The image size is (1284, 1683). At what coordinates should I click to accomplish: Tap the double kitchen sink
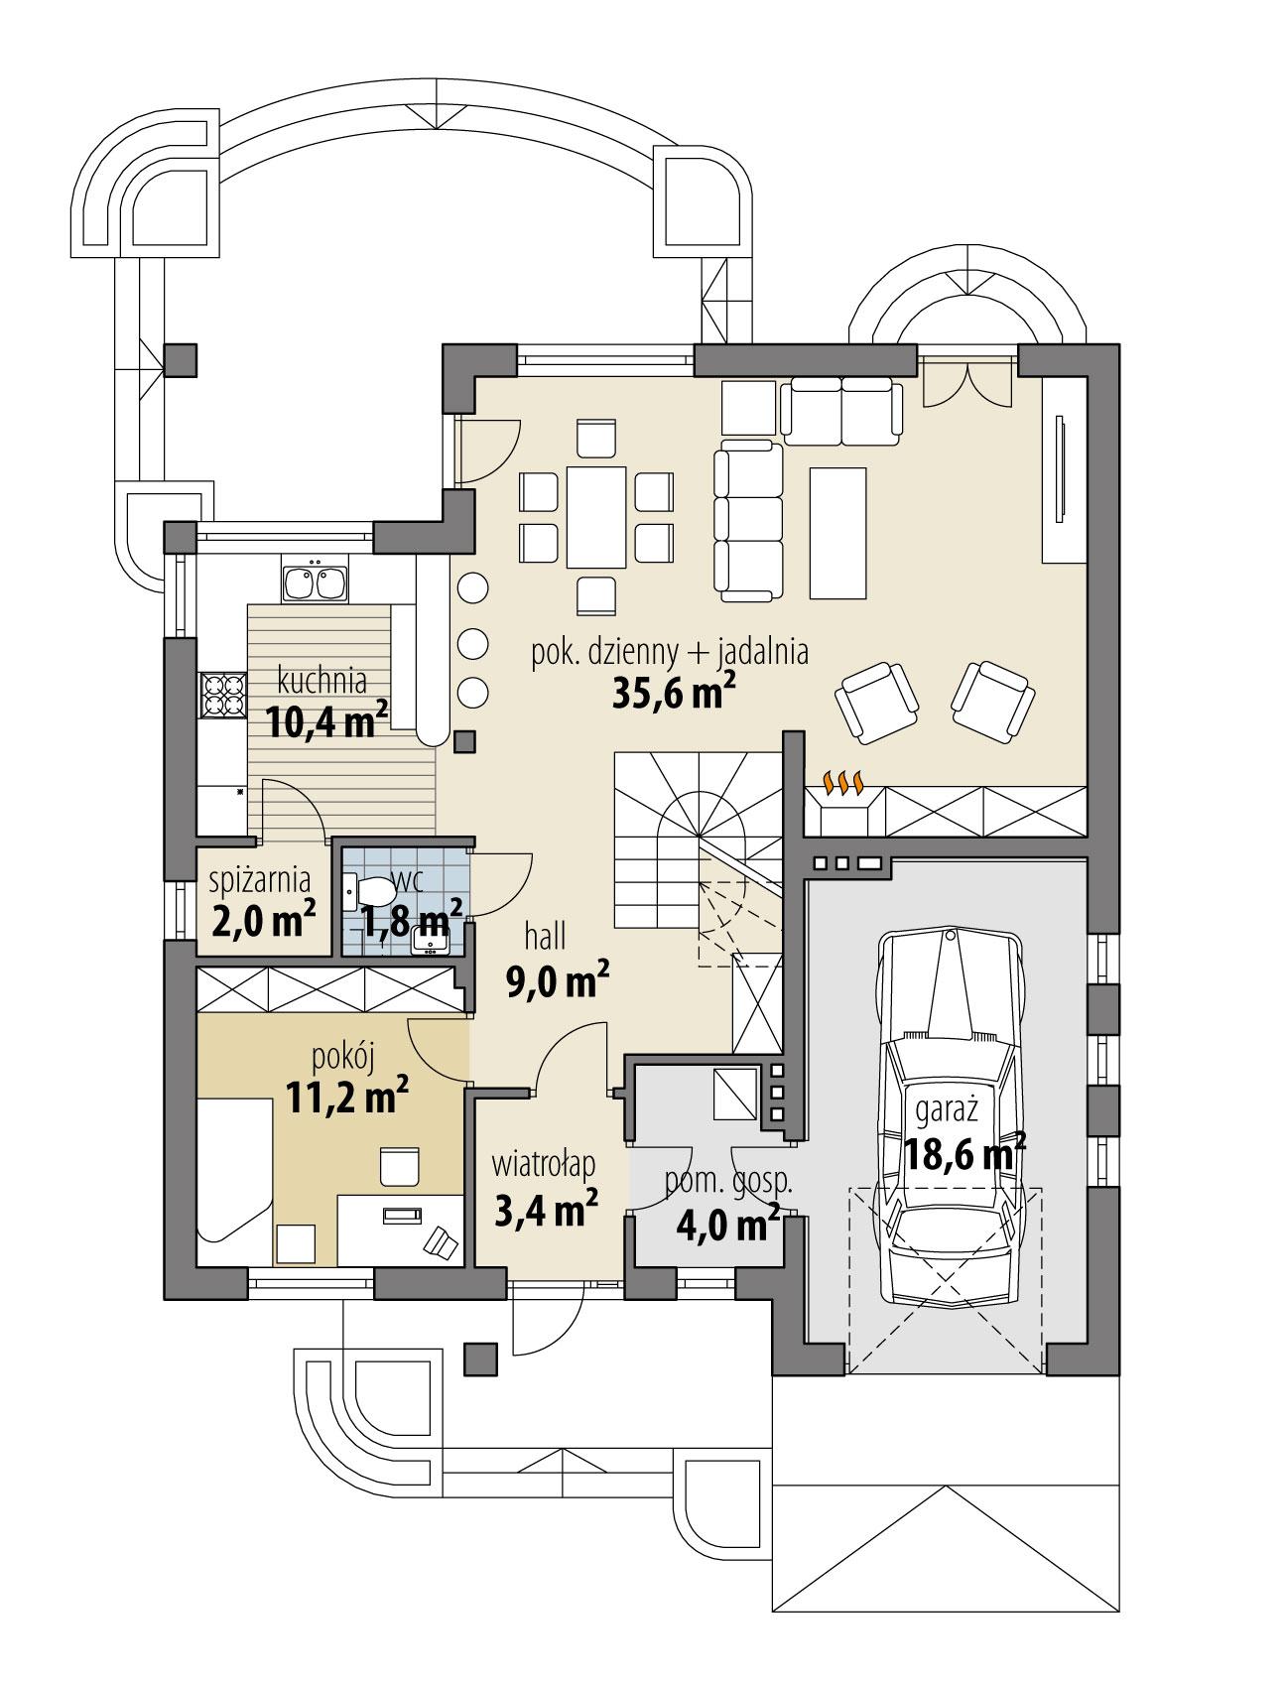coord(315,583)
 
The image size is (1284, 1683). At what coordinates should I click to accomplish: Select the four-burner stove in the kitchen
coord(223,695)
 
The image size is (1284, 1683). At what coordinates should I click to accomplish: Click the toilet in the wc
coord(370,890)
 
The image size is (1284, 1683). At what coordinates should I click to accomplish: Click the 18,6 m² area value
coord(963,1154)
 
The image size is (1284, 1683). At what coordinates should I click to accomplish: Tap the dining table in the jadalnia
coord(597,517)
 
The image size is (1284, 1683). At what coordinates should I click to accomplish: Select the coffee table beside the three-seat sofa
coord(837,533)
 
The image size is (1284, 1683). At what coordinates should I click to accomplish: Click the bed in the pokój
coord(234,1180)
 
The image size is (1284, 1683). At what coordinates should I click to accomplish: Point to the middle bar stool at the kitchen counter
coord(473,642)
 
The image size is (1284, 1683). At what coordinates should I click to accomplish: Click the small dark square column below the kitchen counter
coord(464,740)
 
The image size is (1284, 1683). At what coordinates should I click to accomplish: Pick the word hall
coord(545,935)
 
